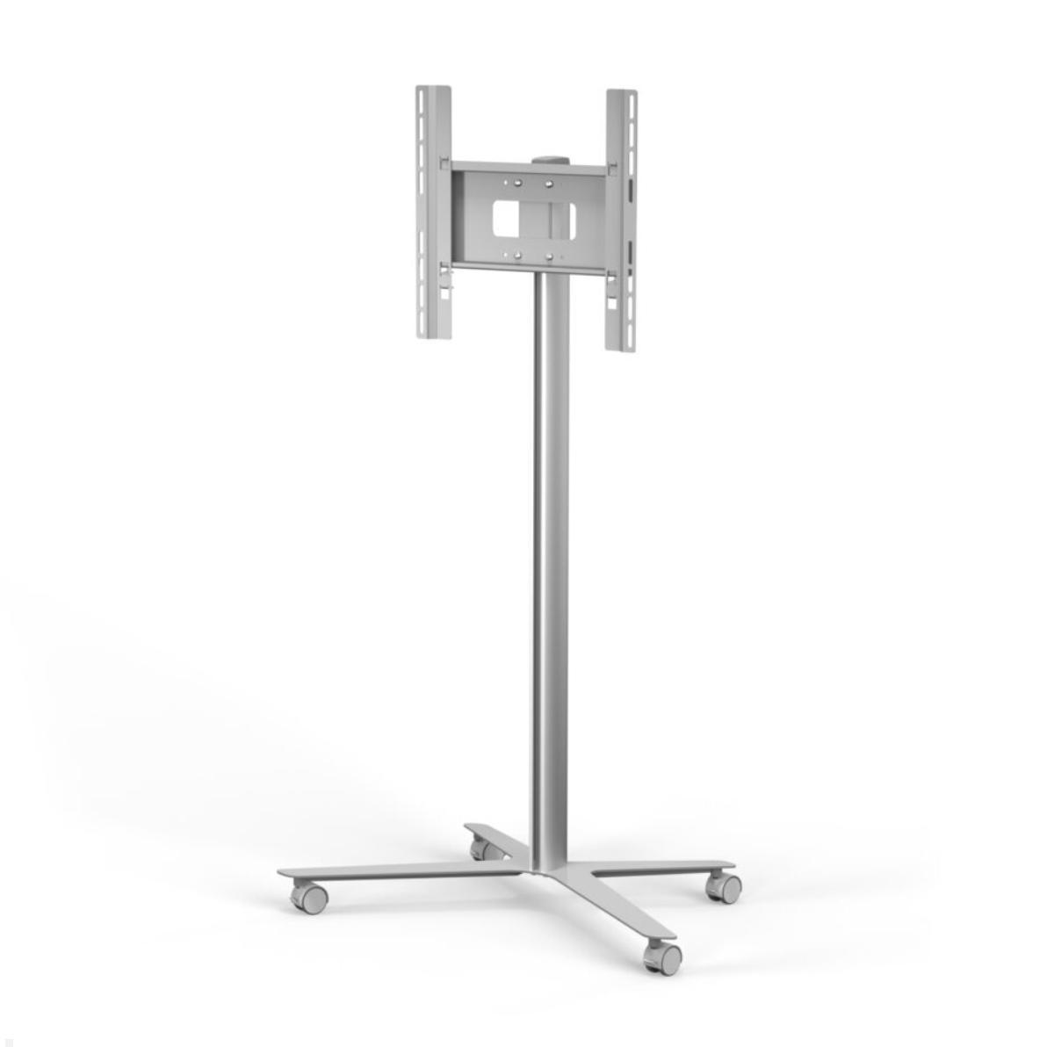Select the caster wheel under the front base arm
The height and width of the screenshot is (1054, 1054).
pyautogui.click(x=665, y=956)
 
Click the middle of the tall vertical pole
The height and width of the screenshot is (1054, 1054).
pyautogui.click(x=551, y=571)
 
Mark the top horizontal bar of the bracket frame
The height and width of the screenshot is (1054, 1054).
pyautogui.click(x=527, y=167)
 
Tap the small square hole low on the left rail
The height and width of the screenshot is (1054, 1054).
pyautogui.click(x=444, y=293)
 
